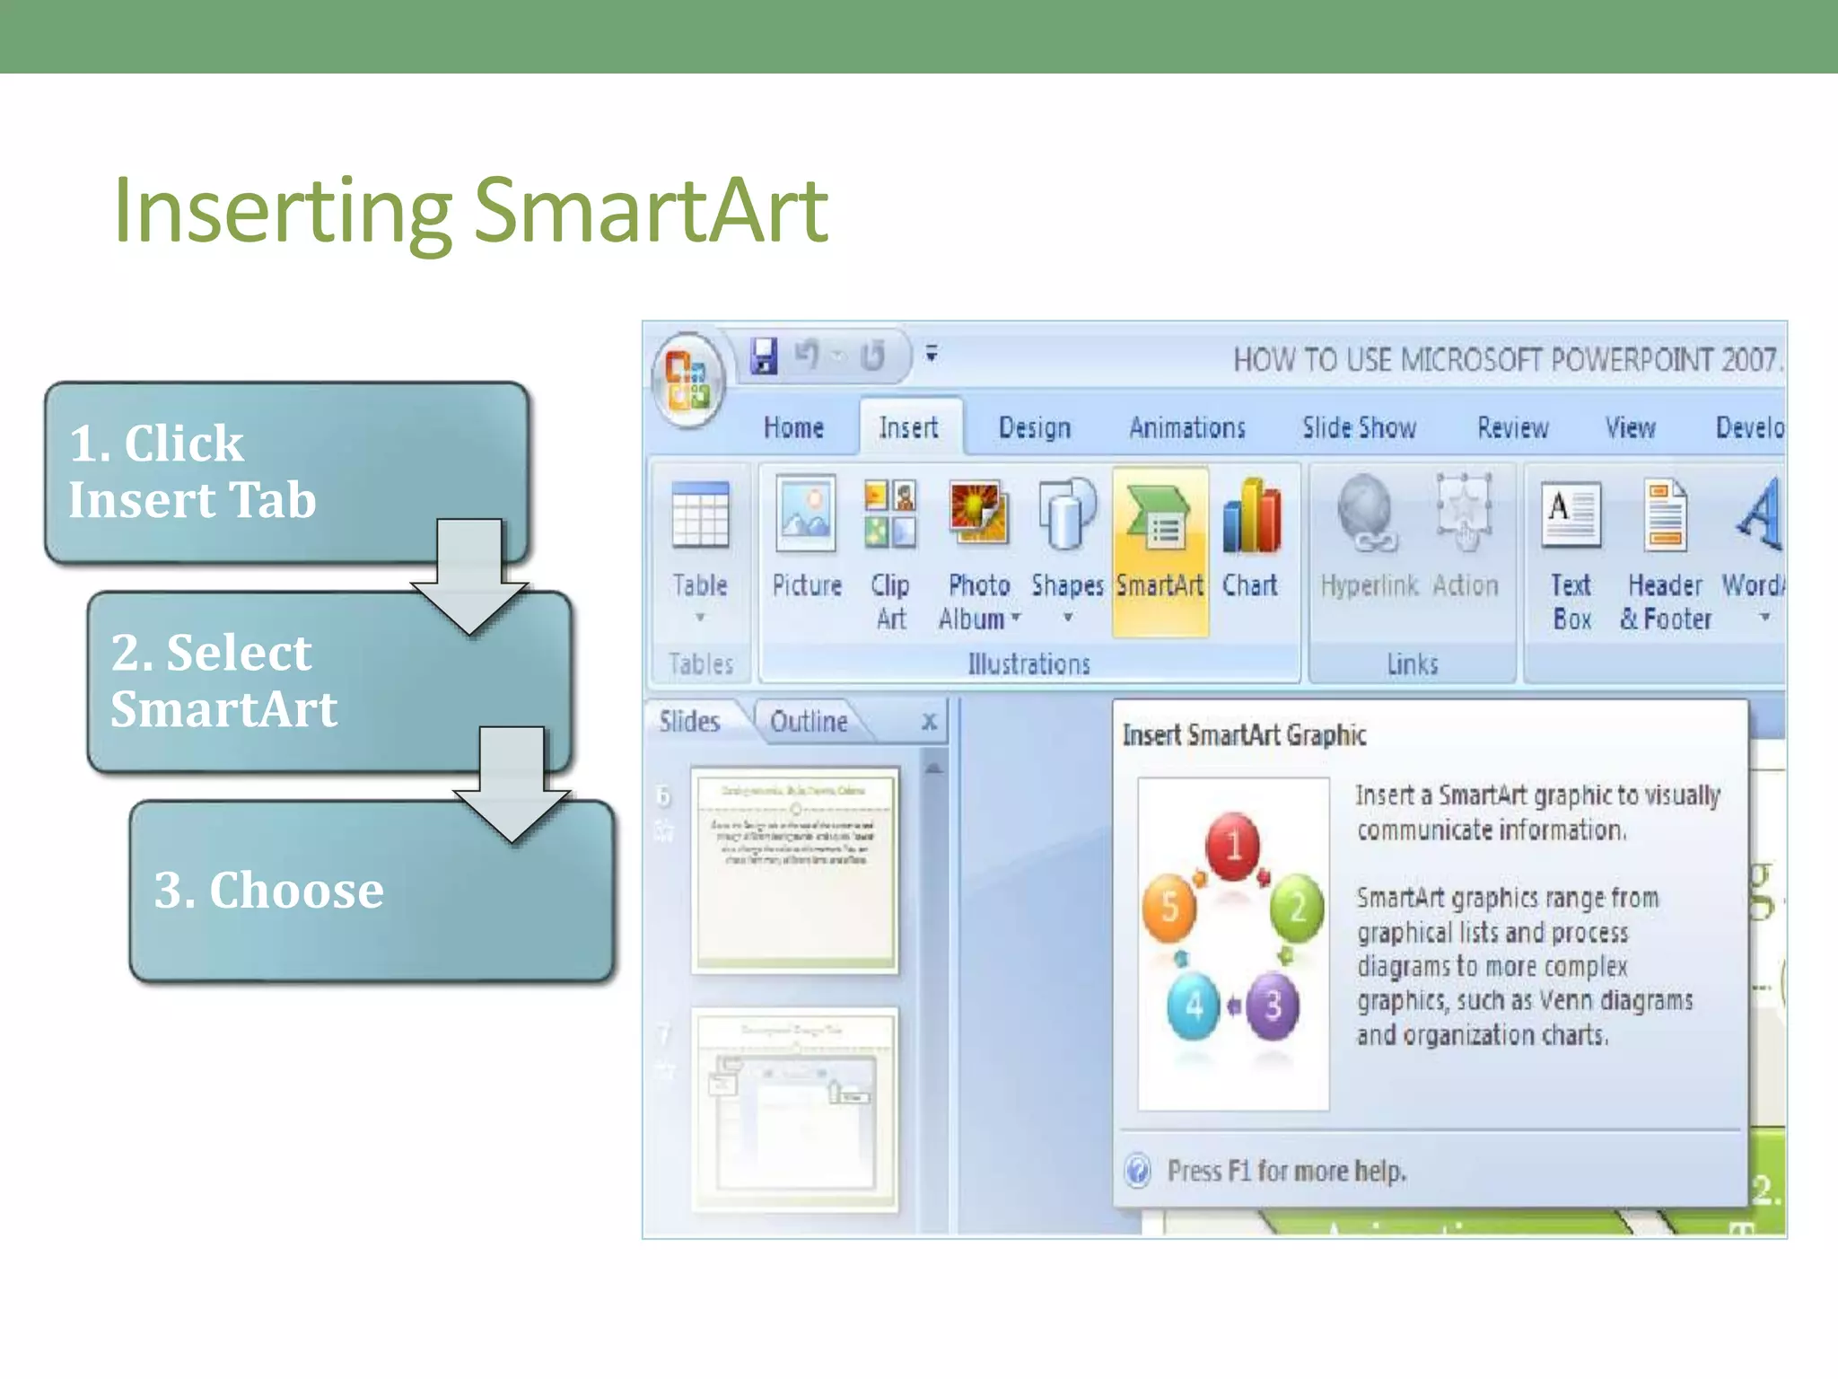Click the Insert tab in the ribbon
point(908,427)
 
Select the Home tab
point(793,427)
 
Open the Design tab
point(1035,427)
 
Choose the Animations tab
point(1187,427)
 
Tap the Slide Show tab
point(1359,427)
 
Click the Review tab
point(1513,427)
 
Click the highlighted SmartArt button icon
point(1160,519)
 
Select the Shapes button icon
point(1066,515)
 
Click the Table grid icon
point(700,515)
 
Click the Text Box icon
point(1570,515)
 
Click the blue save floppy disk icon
point(764,356)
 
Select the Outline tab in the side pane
point(809,721)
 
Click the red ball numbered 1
point(1233,845)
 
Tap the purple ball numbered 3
point(1273,1006)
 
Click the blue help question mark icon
point(1138,1171)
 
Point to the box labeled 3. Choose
point(372,891)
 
